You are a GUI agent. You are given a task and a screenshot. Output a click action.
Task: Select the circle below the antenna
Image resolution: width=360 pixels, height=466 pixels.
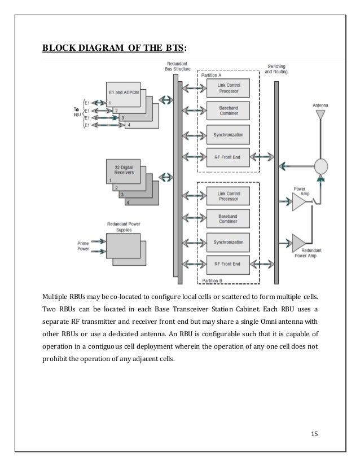pyautogui.click(x=321, y=168)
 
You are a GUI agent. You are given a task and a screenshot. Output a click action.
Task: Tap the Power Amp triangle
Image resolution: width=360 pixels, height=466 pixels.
pyautogui.click(x=297, y=201)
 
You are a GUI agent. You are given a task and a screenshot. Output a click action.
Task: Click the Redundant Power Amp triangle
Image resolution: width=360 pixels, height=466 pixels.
pyautogui.click(x=298, y=243)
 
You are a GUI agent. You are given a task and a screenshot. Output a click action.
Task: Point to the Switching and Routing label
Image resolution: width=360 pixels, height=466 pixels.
pyautogui.click(x=276, y=69)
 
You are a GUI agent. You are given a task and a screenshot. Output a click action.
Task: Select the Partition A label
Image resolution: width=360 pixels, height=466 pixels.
pyautogui.click(x=212, y=74)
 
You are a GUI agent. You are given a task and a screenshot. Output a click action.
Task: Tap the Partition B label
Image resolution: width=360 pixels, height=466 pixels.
pyautogui.click(x=213, y=280)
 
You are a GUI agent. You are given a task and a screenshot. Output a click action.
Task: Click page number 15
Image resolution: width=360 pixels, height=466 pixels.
pyautogui.click(x=314, y=433)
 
